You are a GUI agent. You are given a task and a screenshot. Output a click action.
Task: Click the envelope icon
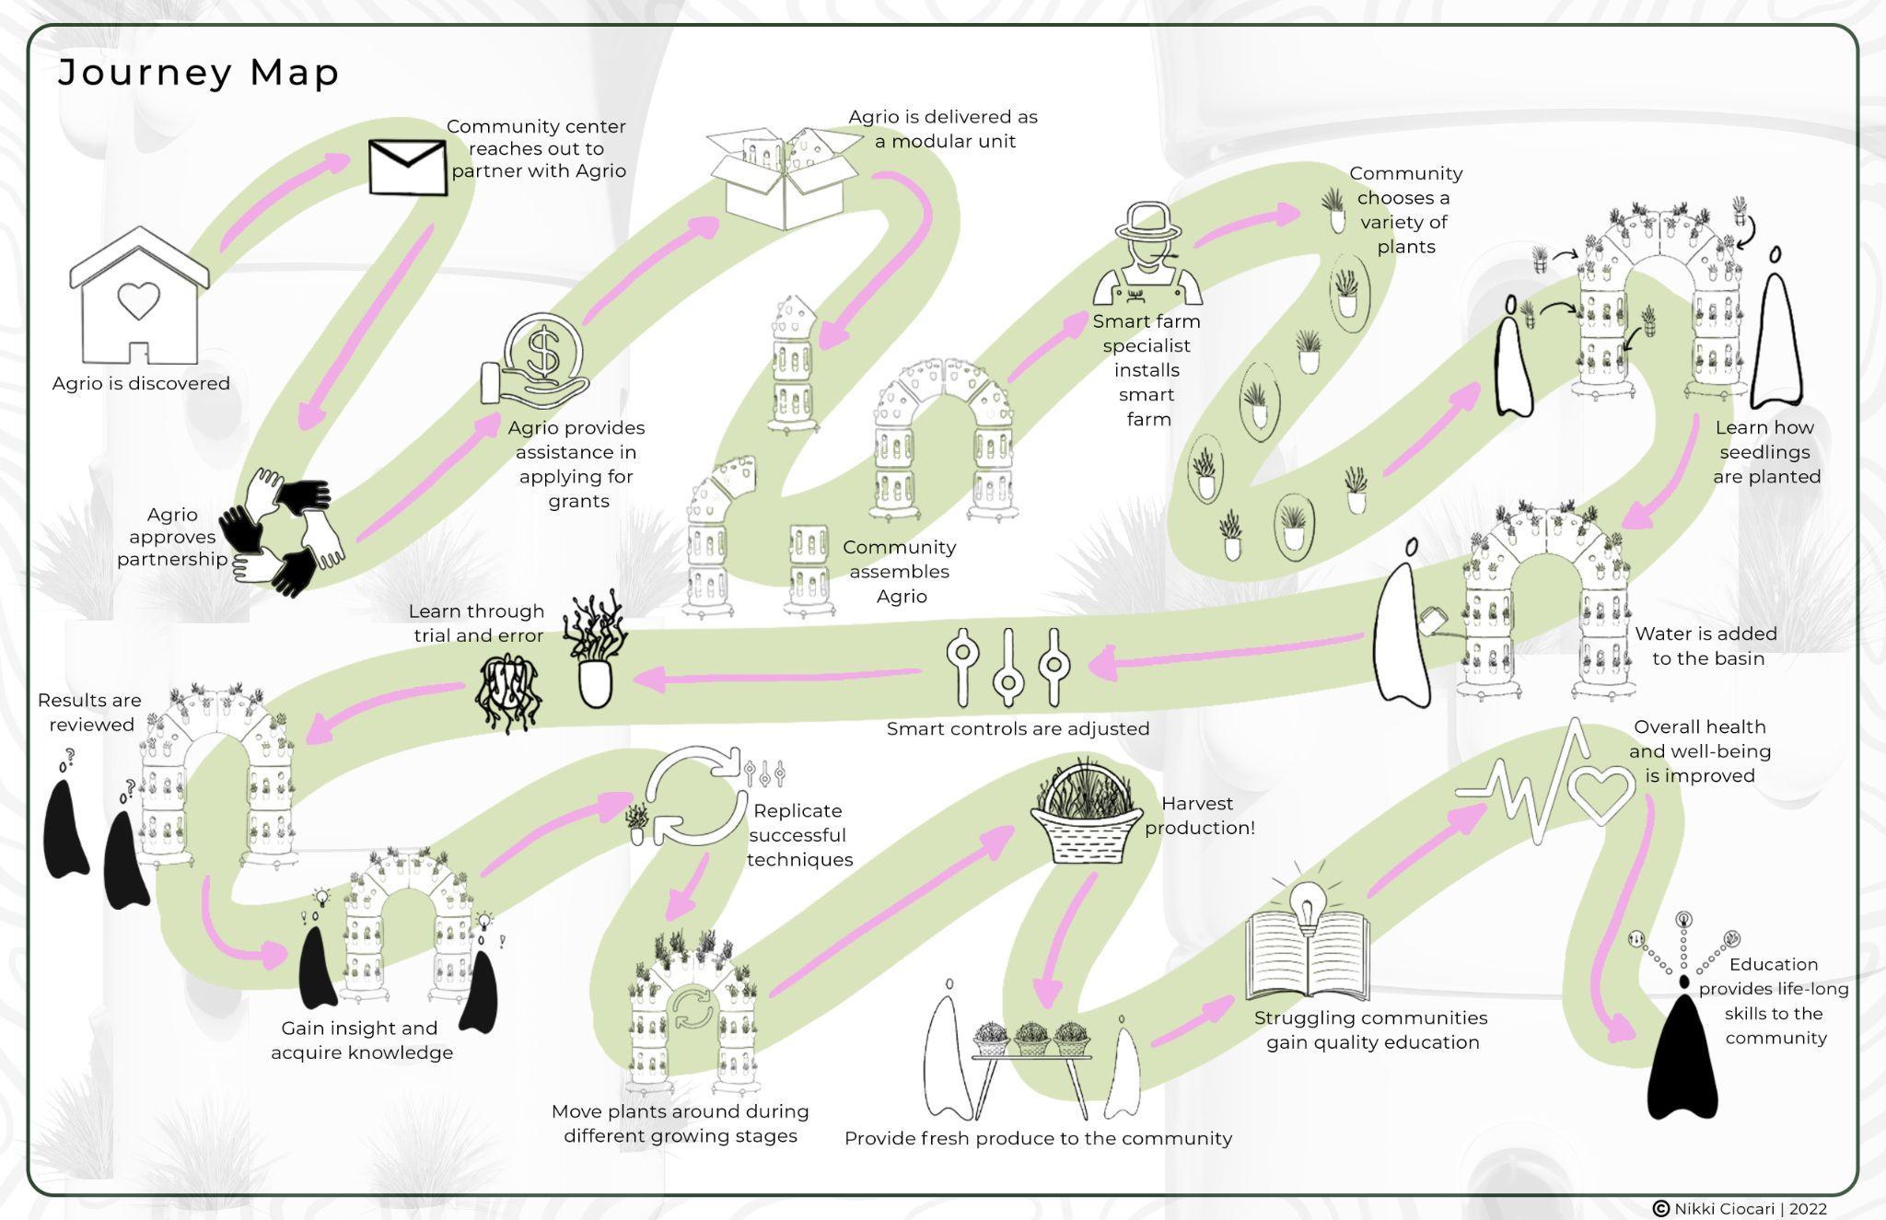click(x=407, y=167)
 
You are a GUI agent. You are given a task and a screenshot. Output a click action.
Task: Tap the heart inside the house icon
click(x=138, y=300)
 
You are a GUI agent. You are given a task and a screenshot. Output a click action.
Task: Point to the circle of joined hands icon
click(x=285, y=531)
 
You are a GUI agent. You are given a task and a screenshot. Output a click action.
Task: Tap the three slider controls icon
click(x=1007, y=667)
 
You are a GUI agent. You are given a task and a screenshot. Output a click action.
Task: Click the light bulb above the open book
click(x=1306, y=900)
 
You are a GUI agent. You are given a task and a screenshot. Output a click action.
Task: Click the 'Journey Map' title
click(x=199, y=72)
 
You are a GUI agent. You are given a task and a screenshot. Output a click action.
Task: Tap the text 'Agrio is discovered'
click(x=141, y=383)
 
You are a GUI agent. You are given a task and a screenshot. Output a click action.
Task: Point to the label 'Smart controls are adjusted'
click(x=1018, y=728)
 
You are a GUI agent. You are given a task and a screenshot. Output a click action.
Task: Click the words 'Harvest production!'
click(x=1199, y=815)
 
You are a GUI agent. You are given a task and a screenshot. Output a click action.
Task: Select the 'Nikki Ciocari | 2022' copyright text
click(x=1750, y=1208)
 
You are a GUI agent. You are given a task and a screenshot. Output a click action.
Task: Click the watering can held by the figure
click(x=1433, y=619)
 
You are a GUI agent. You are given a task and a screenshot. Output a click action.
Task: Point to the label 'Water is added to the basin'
click(x=1706, y=645)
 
